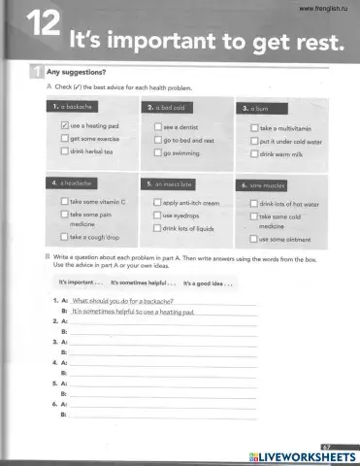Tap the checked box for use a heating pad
coord(63,125)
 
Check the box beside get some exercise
coord(63,139)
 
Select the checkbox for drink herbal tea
coord(63,152)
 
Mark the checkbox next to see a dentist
coord(156,127)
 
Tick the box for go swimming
coord(156,153)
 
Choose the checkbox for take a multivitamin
coord(252,128)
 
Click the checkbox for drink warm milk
coord(252,154)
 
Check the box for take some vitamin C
coord(63,202)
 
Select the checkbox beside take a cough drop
coord(63,236)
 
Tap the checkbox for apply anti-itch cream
coord(156,203)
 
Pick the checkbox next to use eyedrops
coord(156,216)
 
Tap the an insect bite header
coord(167,183)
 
